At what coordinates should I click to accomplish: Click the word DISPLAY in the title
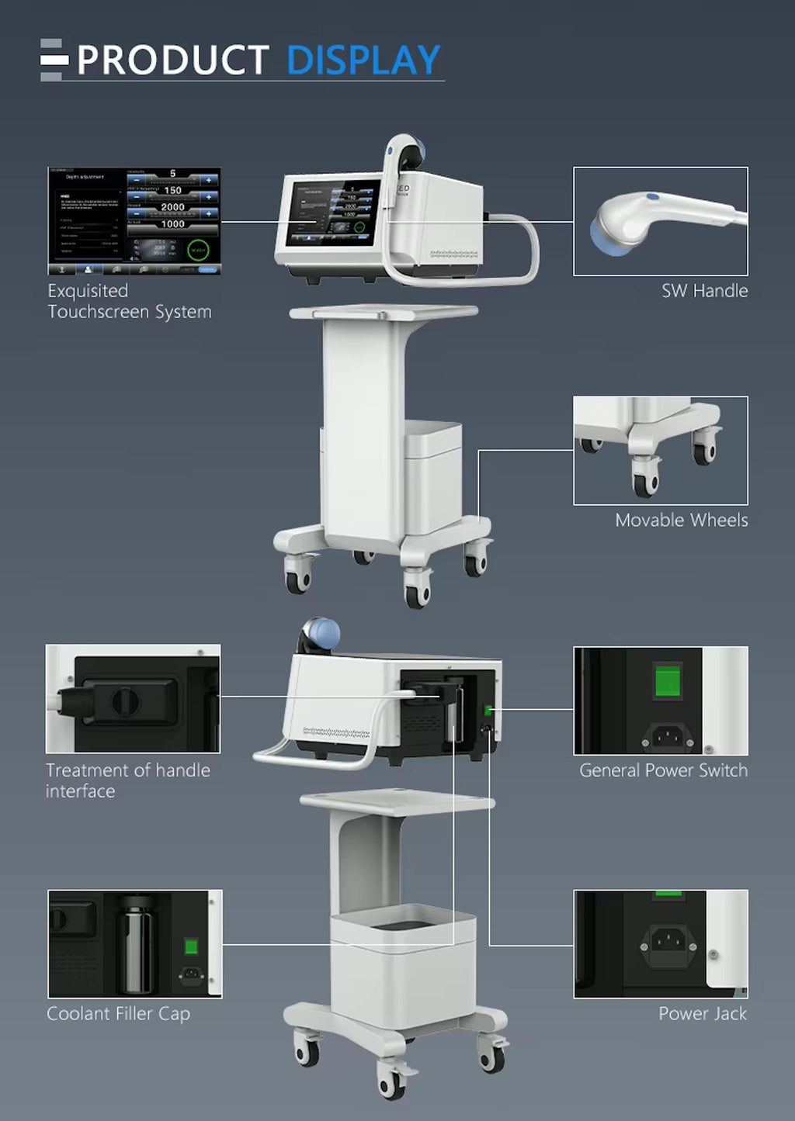363,60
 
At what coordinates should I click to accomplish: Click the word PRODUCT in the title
172,61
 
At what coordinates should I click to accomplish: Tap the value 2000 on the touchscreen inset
172,207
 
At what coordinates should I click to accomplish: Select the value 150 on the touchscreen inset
172,190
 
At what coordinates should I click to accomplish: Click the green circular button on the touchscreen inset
199,250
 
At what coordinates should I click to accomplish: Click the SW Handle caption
704,291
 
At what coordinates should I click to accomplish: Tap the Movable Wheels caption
681,520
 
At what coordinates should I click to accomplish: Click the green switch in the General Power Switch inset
667,681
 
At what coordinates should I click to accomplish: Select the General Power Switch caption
663,770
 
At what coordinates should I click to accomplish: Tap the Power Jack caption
702,1013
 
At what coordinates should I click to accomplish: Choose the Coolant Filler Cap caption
118,1013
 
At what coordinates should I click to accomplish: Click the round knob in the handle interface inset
125,701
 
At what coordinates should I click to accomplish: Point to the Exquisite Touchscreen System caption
129,301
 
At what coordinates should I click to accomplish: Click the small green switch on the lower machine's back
488,711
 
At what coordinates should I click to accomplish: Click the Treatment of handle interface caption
127,780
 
